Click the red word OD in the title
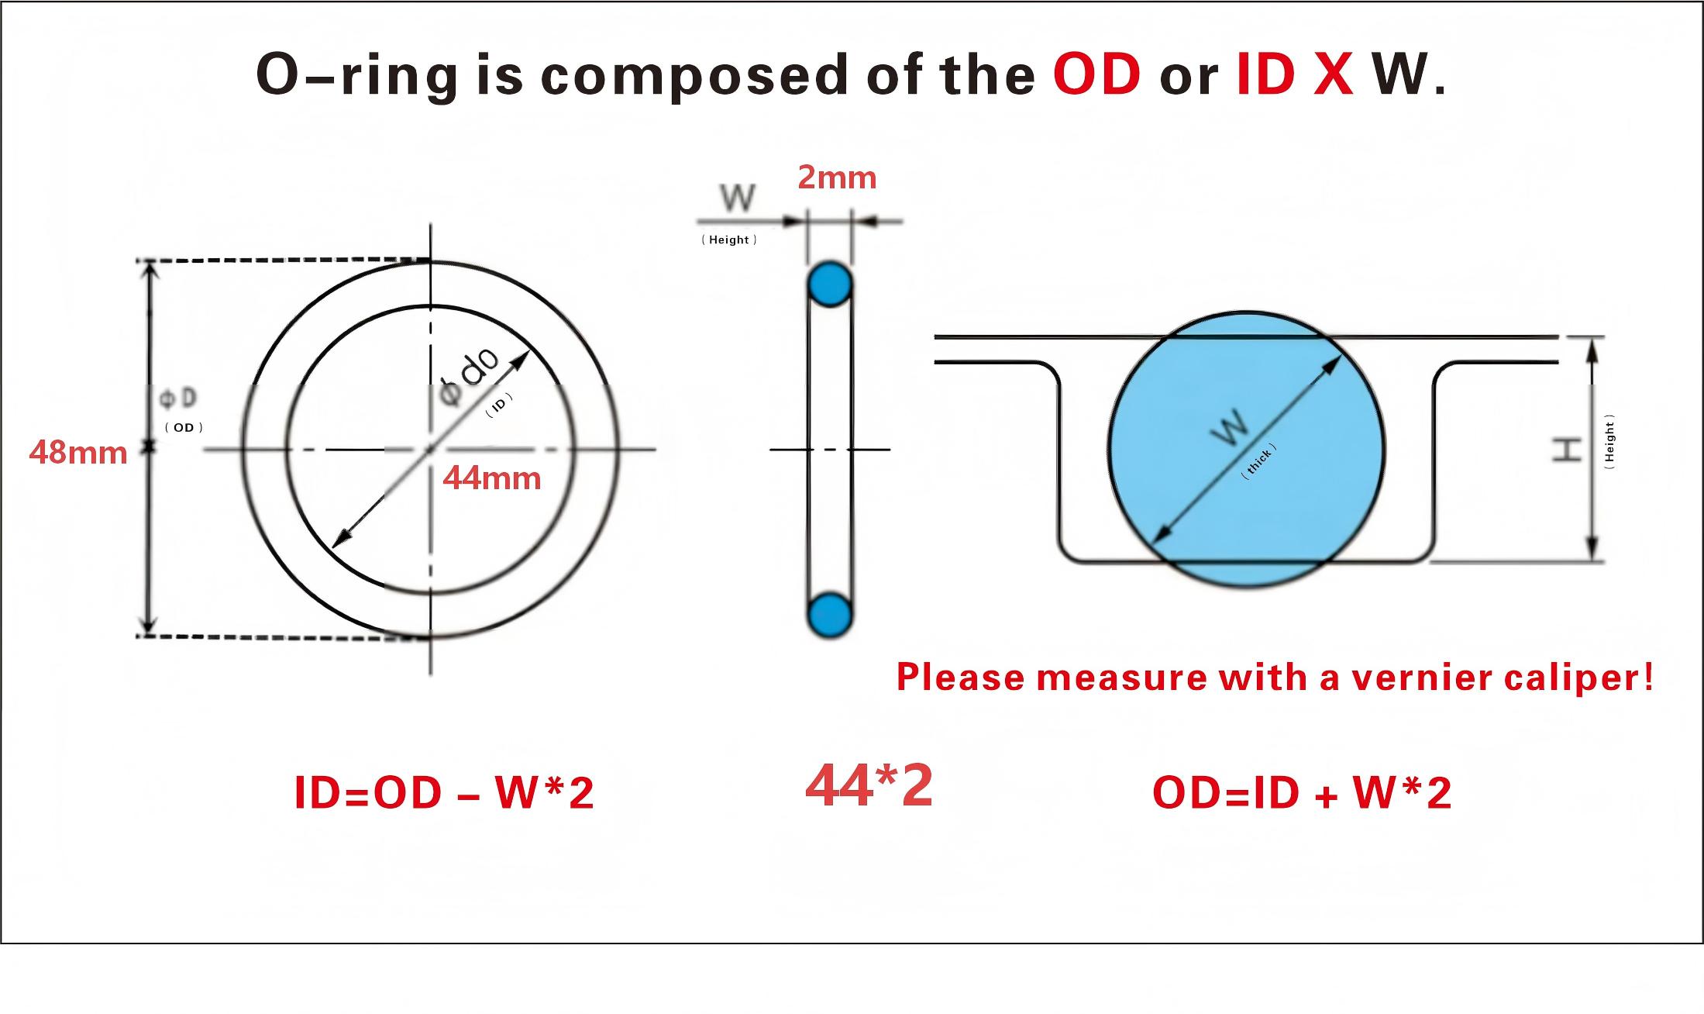(1096, 74)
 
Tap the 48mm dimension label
(78, 452)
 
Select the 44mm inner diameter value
(492, 478)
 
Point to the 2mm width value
(837, 178)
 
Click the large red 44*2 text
(869, 786)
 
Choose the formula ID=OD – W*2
(444, 793)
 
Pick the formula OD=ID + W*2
(1302, 793)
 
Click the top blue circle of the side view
(830, 285)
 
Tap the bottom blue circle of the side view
(830, 616)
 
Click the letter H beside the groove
(1566, 450)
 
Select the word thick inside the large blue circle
(1258, 462)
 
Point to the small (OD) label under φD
(184, 427)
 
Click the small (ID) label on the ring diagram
(499, 405)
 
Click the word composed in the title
(694, 75)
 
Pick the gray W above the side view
(737, 198)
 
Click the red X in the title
(1334, 74)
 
